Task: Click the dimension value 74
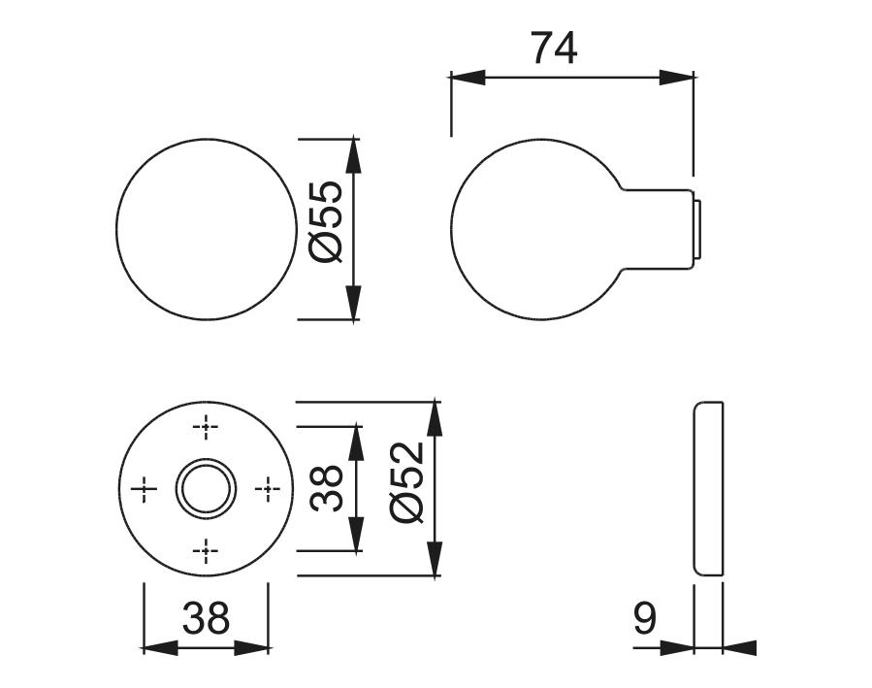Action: [x=554, y=48]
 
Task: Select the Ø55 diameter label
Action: [x=329, y=220]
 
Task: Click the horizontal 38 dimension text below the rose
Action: [x=205, y=618]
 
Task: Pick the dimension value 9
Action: [x=644, y=618]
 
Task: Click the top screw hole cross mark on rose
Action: [x=205, y=426]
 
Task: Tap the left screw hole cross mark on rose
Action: [x=144, y=489]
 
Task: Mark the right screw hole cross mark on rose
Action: [x=267, y=489]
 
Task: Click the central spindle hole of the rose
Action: [x=205, y=488]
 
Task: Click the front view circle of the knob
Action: [x=206, y=229]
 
